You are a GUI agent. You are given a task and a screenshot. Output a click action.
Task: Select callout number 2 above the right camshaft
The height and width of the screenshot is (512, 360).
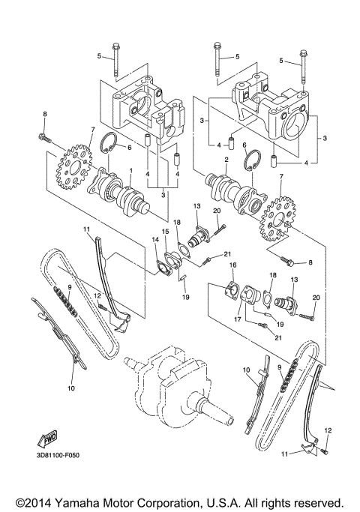[x=226, y=160]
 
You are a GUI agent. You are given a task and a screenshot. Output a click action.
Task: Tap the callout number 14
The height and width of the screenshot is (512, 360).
[x=155, y=239]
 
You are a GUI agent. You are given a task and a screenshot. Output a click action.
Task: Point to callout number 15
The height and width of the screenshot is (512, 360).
[x=165, y=231]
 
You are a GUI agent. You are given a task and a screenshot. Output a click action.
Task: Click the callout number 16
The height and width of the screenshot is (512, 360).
[x=232, y=265]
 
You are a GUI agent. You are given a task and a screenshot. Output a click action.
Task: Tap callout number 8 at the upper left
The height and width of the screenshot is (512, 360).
[x=44, y=113]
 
